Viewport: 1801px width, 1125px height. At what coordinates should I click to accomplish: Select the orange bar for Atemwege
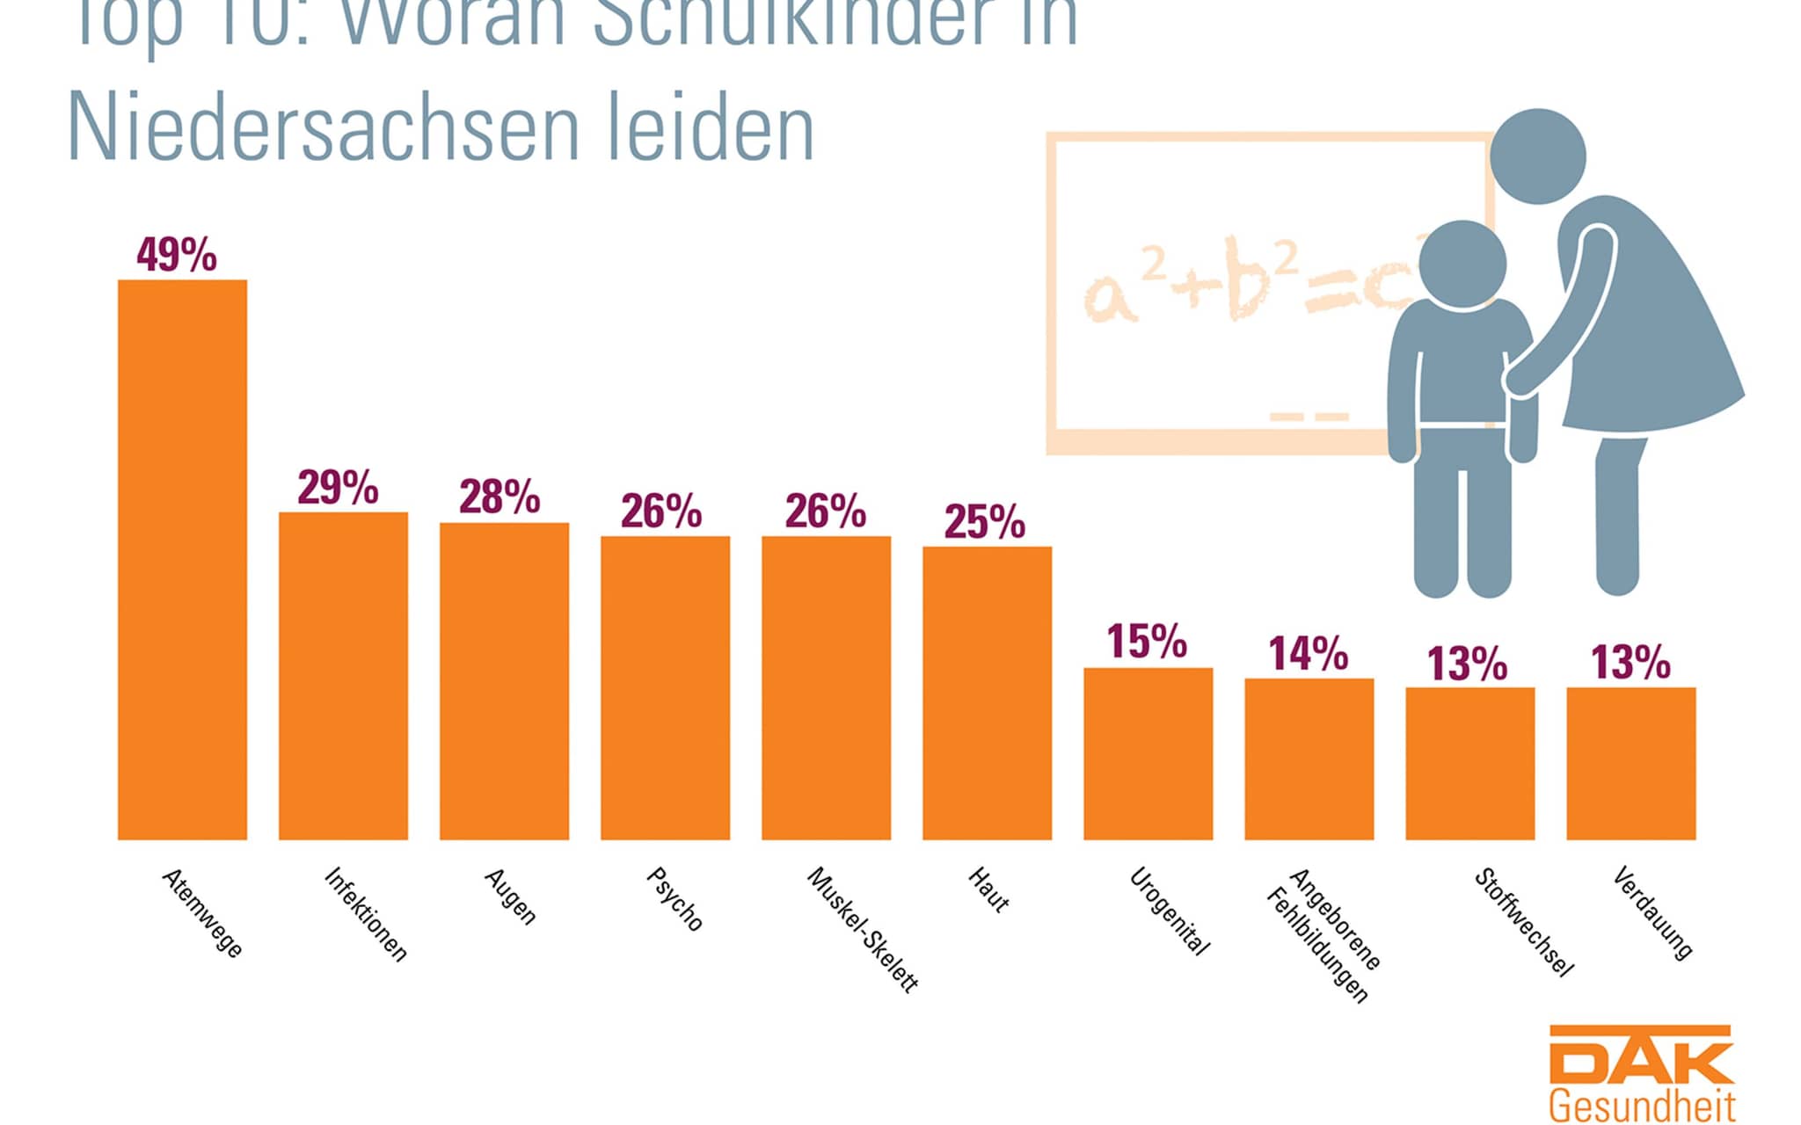click(x=182, y=560)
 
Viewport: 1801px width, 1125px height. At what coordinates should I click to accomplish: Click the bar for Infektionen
click(x=343, y=676)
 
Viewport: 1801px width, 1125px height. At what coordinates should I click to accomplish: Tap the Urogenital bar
click(x=1148, y=754)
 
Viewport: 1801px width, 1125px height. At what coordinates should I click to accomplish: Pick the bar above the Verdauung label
click(x=1630, y=764)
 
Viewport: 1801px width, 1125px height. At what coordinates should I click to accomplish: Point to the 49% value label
click(x=177, y=255)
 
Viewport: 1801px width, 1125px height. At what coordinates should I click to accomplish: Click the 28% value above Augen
click(x=499, y=497)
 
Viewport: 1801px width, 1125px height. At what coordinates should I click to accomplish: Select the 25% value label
click(x=985, y=522)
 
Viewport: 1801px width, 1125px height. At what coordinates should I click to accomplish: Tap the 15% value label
click(x=1147, y=642)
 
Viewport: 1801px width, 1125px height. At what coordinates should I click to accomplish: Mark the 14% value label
click(x=1308, y=654)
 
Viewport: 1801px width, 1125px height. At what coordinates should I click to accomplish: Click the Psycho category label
click(x=674, y=899)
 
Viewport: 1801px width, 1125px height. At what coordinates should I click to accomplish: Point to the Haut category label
click(x=988, y=889)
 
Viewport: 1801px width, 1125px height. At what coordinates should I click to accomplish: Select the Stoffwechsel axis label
click(x=1523, y=922)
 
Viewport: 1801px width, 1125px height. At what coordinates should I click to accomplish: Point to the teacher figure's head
click(x=1538, y=156)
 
